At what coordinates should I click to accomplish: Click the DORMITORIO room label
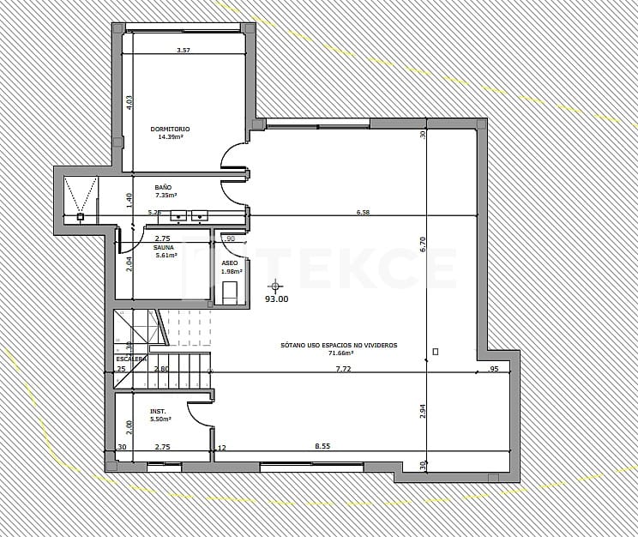tap(170, 129)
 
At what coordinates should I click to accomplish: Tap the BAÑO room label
tap(163, 187)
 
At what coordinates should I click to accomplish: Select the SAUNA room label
tap(163, 247)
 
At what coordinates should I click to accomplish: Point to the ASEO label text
tap(230, 263)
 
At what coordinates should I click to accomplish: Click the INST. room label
tap(158, 411)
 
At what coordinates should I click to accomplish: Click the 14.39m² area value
tap(170, 136)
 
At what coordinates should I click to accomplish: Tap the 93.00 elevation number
tap(276, 299)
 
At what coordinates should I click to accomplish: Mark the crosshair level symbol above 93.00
tap(275, 286)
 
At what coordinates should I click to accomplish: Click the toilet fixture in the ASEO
tap(230, 292)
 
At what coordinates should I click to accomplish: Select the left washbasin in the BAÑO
tap(179, 215)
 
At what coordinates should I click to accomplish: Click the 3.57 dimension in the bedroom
tap(183, 51)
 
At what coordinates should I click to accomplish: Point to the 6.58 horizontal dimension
tap(363, 212)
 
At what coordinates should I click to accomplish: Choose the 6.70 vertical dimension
tap(423, 244)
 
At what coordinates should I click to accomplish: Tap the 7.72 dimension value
tap(343, 369)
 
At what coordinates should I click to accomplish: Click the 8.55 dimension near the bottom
tap(322, 446)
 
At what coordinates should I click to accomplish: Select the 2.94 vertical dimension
tap(423, 411)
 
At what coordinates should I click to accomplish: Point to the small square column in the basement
tap(436, 352)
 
